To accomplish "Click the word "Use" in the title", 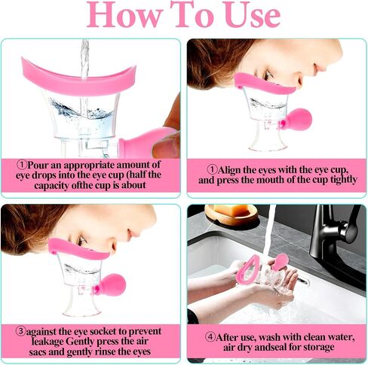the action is (x=253, y=14).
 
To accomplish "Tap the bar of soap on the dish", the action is (x=231, y=210).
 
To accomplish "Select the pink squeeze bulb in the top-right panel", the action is (x=298, y=119).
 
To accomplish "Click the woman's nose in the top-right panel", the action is (x=318, y=65).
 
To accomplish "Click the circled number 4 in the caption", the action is (x=210, y=336).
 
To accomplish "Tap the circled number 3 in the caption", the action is (x=21, y=330).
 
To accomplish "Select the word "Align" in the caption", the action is (x=229, y=170).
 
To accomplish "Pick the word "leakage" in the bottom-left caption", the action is (x=48, y=342).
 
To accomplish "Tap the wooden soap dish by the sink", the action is (x=232, y=217).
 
